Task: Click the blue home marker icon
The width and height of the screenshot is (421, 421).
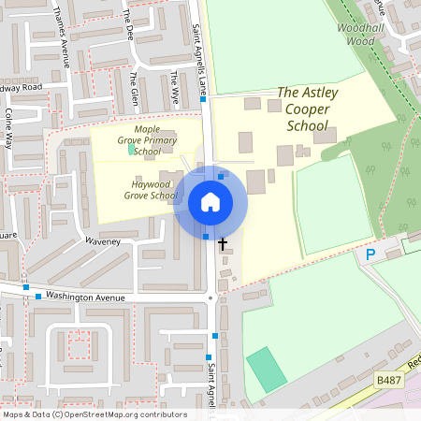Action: (x=210, y=202)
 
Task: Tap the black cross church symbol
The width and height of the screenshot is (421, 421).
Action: (x=223, y=244)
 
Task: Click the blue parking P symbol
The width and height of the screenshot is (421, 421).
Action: (x=370, y=254)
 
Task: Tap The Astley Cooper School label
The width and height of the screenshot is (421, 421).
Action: (x=308, y=109)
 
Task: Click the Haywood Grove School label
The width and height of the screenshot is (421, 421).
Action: (x=150, y=190)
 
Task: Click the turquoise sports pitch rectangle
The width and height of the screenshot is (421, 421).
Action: (x=268, y=370)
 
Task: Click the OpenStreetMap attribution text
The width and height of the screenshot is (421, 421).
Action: (x=94, y=414)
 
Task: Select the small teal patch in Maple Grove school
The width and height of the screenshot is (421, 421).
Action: (x=131, y=148)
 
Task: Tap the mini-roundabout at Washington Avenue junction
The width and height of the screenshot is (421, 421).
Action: (x=213, y=298)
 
